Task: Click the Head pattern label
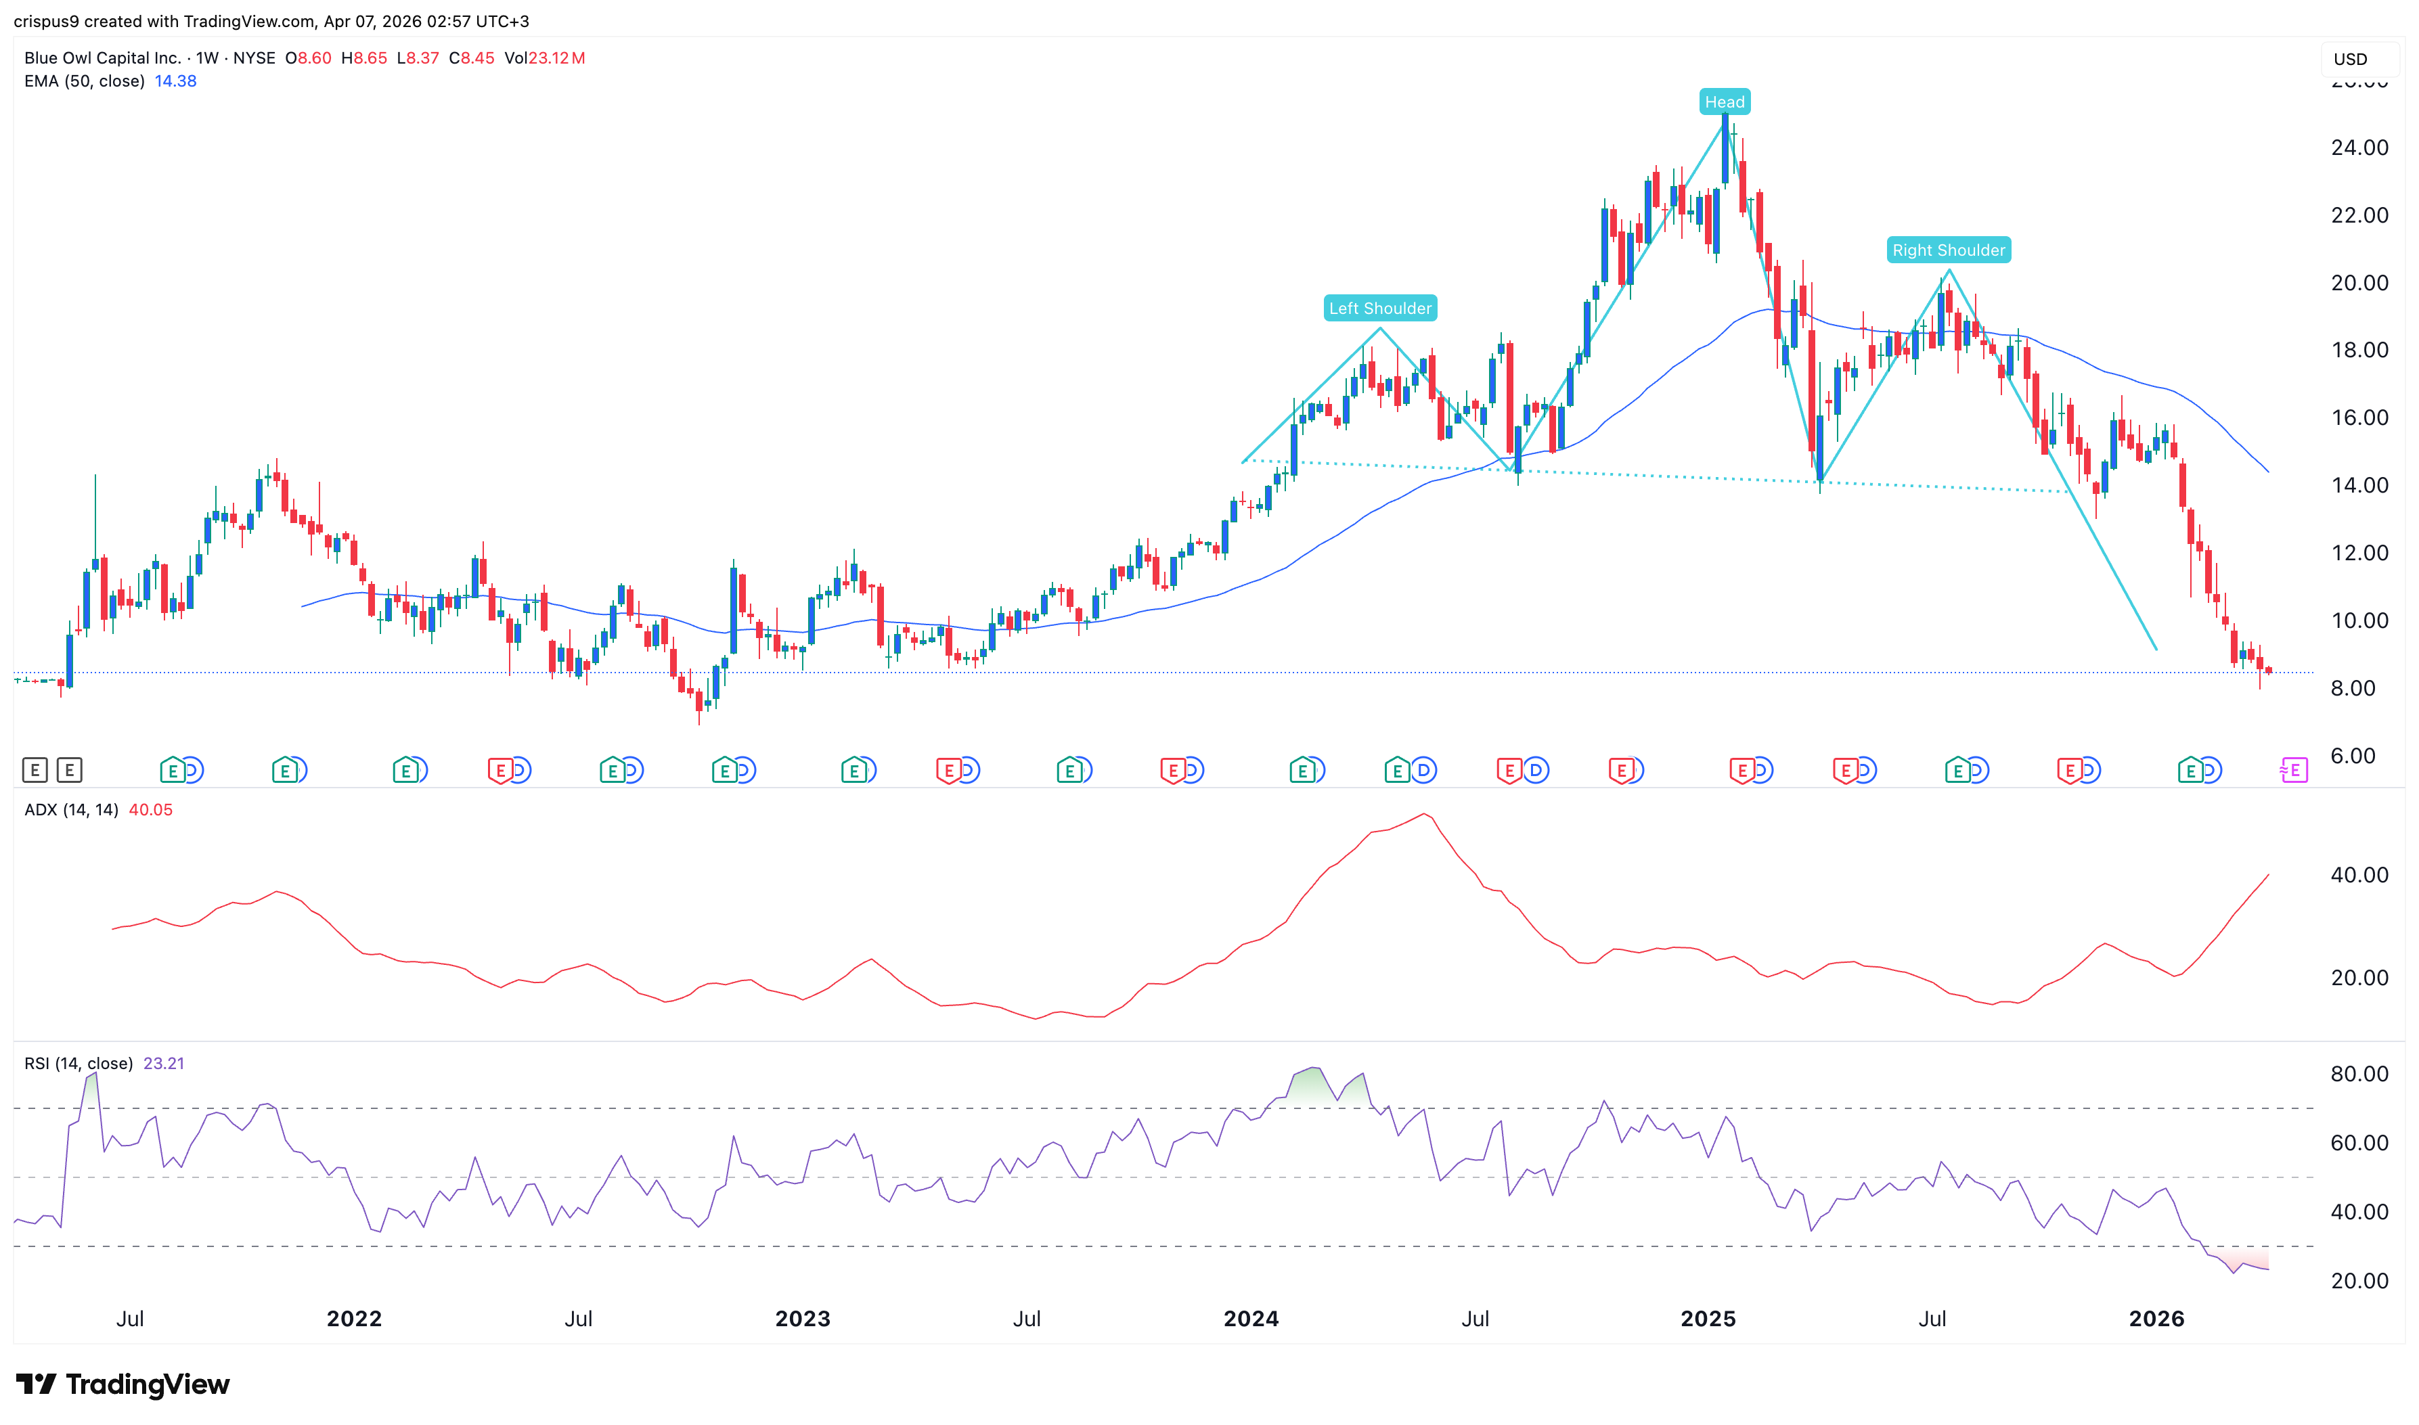pos(1724,101)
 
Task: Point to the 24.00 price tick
pos(2359,148)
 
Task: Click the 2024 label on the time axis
pos(1250,1318)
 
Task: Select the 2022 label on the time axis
pos(353,1318)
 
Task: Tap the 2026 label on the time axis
pos(2155,1318)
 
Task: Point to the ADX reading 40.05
pos(151,809)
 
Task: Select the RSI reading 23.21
pos(163,1063)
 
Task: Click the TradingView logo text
pos(147,1384)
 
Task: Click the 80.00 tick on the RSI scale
pos(2359,1074)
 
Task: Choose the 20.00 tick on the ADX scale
pos(2359,978)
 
